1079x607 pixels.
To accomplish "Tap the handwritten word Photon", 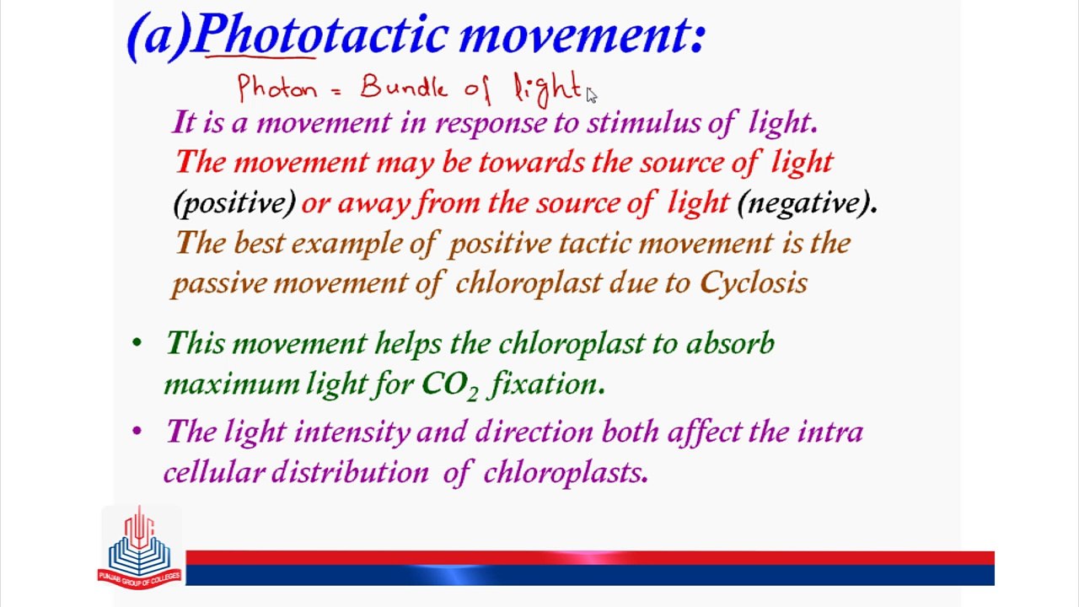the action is pyautogui.click(x=278, y=88).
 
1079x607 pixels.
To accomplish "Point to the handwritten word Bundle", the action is pyautogui.click(x=404, y=86).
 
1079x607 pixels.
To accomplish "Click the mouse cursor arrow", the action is pyautogui.click(x=592, y=95).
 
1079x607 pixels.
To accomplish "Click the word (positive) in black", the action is pyautogui.click(x=234, y=203).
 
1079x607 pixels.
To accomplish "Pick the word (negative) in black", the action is pyautogui.click(x=804, y=203).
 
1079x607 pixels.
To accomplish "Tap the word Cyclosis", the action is pyautogui.click(x=754, y=283).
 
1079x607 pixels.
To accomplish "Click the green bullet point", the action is pyautogui.click(x=137, y=343).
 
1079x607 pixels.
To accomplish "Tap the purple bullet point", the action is pyautogui.click(x=137, y=431).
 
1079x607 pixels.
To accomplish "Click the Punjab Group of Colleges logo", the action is pyautogui.click(x=140, y=547).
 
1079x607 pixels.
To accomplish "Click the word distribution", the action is pyautogui.click(x=350, y=472).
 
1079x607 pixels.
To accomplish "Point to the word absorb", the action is pyautogui.click(x=730, y=344).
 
